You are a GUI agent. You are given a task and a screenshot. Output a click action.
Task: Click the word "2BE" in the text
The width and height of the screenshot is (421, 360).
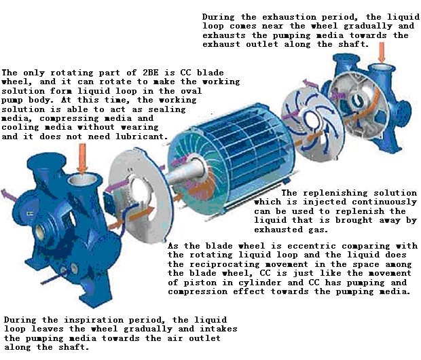coord(150,73)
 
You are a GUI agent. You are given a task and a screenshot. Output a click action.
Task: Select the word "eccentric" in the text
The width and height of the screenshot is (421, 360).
coord(312,246)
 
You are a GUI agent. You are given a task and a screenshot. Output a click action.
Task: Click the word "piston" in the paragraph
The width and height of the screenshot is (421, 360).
coord(200,283)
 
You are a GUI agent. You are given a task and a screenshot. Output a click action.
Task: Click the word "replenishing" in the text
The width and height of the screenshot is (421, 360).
coord(335,193)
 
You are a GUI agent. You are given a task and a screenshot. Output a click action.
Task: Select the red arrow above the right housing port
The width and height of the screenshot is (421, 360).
coord(382,52)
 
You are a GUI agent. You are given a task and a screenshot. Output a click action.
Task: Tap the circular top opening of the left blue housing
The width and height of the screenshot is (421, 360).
coord(82,179)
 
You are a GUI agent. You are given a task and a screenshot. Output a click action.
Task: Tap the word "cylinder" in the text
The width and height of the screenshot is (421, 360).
coord(260,283)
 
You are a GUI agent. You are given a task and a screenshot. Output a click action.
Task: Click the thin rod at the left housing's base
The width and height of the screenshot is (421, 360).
coord(54,278)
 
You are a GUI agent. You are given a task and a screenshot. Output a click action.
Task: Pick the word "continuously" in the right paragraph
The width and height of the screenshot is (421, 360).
coord(384,202)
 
